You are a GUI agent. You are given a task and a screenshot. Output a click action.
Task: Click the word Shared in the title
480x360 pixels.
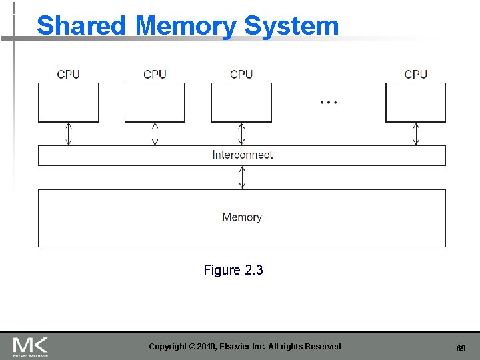[x=81, y=26]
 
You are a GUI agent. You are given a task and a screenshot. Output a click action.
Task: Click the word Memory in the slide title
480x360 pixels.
[x=185, y=26]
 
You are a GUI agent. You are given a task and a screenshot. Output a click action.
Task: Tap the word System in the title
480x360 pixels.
[x=291, y=26]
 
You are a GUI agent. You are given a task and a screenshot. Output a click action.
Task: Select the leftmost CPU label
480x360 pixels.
[x=69, y=74]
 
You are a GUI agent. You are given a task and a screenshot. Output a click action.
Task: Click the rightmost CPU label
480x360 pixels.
[x=416, y=74]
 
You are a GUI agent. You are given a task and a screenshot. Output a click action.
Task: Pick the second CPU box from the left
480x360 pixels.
[x=155, y=103]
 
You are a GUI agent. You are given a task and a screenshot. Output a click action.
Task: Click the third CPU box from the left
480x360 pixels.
[x=241, y=103]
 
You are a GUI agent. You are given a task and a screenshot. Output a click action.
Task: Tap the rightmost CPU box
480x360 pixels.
[x=416, y=103]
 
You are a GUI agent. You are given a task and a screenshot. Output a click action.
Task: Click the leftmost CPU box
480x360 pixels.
[x=68, y=103]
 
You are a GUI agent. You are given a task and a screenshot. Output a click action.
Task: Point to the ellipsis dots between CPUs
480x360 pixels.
[x=329, y=103]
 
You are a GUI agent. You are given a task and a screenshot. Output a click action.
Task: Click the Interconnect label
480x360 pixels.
[x=242, y=155]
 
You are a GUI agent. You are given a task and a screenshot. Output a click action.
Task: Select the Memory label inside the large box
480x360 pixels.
[x=242, y=217]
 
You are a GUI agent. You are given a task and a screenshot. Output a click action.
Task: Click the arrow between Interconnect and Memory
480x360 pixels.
[x=242, y=177]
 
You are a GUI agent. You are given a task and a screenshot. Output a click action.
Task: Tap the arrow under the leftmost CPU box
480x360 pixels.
[x=68, y=133]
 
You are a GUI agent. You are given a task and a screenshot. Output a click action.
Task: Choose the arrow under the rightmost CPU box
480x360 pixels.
[x=416, y=133]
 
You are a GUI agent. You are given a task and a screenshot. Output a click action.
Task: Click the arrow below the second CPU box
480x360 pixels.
[x=155, y=133]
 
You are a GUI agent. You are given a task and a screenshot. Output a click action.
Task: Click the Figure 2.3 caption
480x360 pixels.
[x=233, y=270]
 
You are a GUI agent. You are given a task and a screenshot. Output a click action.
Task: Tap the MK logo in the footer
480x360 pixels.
[x=30, y=346]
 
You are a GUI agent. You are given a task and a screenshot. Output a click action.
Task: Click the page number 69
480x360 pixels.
[x=461, y=349]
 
